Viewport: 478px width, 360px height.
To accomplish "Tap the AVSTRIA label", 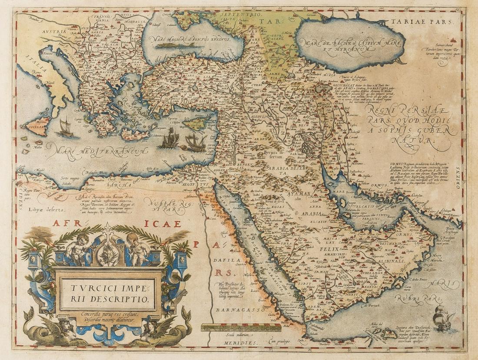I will [55, 31].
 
